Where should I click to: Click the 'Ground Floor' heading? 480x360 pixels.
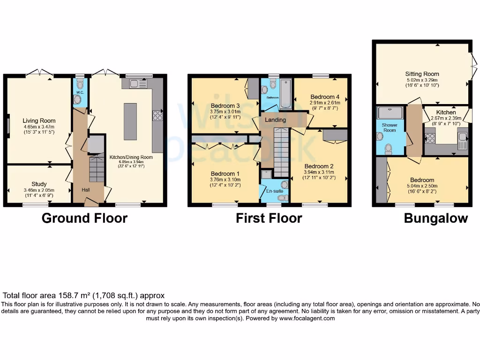[84, 218]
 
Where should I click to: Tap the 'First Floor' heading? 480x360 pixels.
[269, 218]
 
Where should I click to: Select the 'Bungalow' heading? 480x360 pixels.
[435, 218]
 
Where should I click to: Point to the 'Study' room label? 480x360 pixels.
[39, 184]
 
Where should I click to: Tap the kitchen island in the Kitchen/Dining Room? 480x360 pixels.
[130, 121]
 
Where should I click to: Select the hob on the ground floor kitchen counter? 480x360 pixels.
[157, 116]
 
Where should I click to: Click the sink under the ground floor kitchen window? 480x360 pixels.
[137, 84]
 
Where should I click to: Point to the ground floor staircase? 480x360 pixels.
[96, 169]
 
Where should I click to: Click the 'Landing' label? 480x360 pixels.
[275, 120]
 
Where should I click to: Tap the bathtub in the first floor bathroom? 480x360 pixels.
[285, 92]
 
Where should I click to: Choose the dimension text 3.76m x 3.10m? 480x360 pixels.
[225, 180]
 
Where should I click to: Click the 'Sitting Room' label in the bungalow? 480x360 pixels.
[422, 74]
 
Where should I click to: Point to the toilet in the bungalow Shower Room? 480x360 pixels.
[388, 149]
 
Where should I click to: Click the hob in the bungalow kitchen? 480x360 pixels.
[429, 138]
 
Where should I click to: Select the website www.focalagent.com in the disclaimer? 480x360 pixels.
[307, 318]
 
